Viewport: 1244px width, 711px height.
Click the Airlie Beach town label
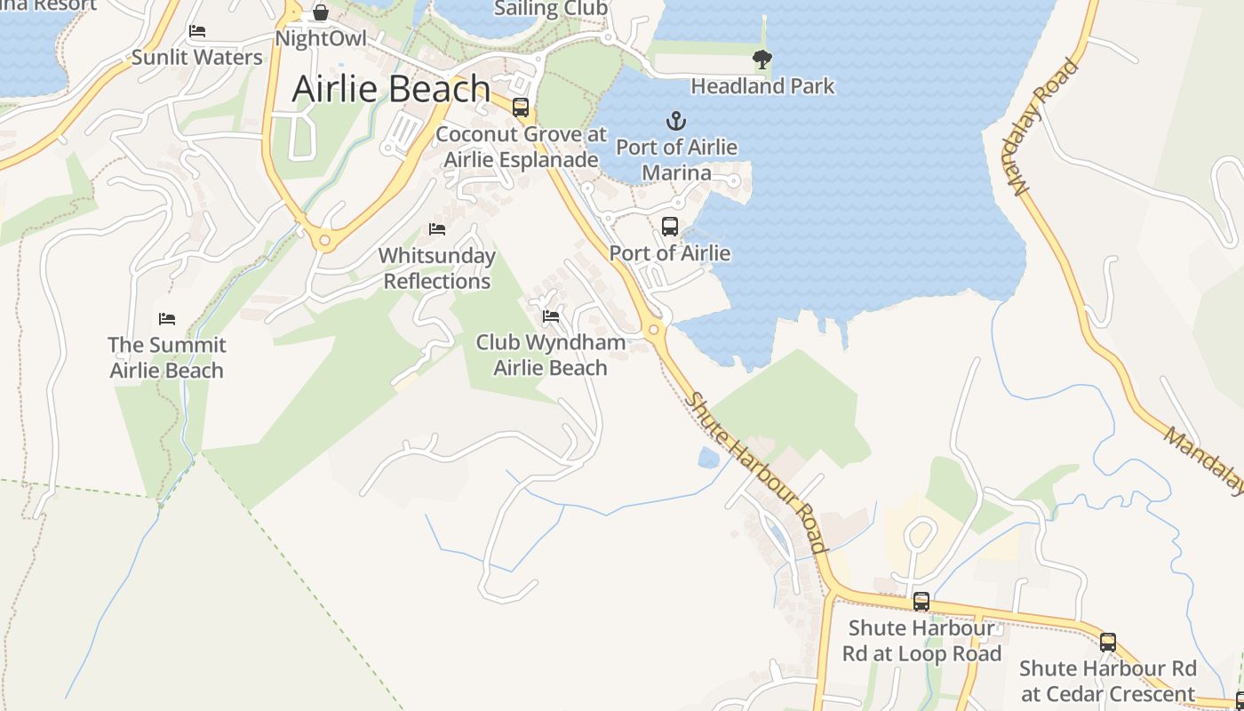[391, 89]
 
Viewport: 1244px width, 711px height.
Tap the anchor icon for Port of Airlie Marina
[676, 120]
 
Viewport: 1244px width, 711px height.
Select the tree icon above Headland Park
[762, 60]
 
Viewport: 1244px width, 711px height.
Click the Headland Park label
[762, 86]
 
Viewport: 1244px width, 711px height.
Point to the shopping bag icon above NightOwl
[321, 13]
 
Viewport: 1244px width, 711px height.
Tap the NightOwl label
[321, 39]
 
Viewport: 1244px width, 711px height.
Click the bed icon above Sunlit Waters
[197, 31]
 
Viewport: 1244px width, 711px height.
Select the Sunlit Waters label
[197, 58]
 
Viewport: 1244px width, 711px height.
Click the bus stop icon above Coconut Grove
[521, 108]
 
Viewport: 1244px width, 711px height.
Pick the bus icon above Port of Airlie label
[670, 227]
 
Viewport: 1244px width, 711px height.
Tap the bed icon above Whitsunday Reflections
[436, 229]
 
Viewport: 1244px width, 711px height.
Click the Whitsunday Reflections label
[436, 268]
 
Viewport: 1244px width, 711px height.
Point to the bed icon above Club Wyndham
[551, 316]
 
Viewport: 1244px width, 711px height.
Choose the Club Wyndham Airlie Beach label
[551, 355]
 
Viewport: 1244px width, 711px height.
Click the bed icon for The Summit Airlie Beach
[167, 319]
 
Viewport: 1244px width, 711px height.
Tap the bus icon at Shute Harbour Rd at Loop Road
[921, 602]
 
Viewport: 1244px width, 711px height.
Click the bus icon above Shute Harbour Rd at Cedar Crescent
[1107, 642]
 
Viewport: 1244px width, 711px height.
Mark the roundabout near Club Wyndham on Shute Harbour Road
[654, 331]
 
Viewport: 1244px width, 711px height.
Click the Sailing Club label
[550, 9]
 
